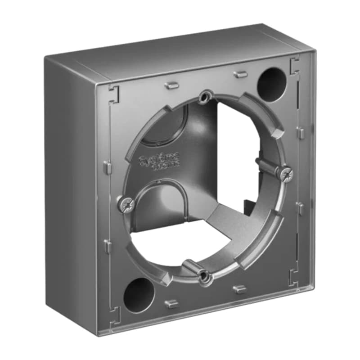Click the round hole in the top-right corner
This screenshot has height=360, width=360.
pos(272,81)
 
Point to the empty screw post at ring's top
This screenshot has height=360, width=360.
pos(207,96)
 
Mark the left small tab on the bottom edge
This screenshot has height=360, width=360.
pos(171,304)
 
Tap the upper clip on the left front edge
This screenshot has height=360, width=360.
pos(106,167)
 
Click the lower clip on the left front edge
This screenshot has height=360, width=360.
pos(108,245)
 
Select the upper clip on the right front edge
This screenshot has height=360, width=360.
pos(300,132)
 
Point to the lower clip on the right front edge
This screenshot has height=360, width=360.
pos(300,207)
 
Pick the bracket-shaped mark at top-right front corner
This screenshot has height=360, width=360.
pos(295,64)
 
